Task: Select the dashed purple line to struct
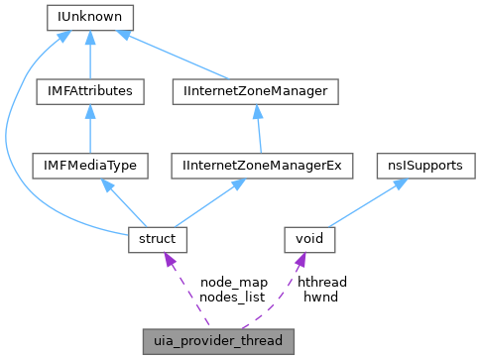point(188,293)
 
